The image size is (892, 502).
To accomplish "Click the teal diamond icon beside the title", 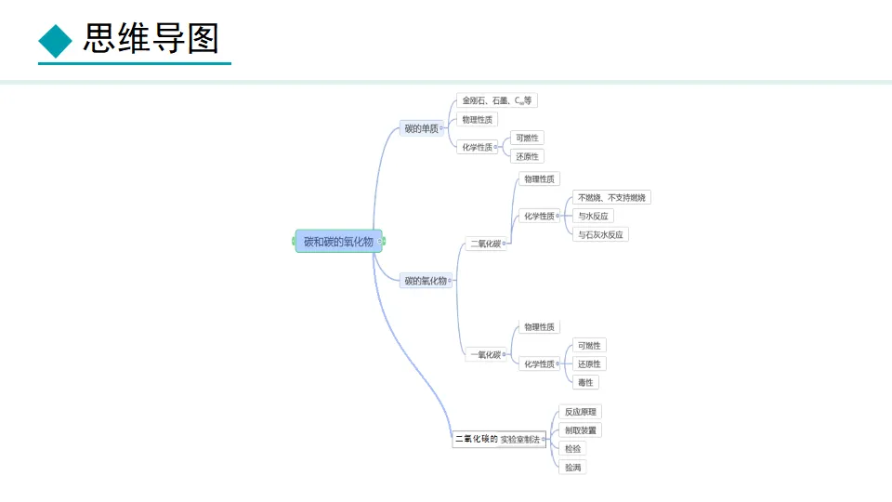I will tap(56, 40).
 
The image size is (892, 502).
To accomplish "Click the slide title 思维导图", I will tap(151, 39).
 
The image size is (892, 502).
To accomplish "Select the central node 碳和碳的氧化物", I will tap(338, 242).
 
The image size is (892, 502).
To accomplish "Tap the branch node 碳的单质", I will tap(421, 128).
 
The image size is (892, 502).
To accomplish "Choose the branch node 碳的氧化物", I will tap(426, 280).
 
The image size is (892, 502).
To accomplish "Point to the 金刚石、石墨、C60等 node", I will tap(497, 100).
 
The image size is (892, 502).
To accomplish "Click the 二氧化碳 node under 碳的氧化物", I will tap(485, 244).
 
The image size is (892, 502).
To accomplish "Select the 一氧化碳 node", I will tap(485, 354).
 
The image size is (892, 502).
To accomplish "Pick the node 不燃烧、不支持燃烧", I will tap(612, 197).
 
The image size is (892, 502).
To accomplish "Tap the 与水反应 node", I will tap(593, 216).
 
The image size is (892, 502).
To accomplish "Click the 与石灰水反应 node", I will tap(600, 234).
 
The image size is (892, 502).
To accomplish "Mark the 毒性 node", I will tap(585, 382).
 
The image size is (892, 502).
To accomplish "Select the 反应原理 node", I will tap(583, 412).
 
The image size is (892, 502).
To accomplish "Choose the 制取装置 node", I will tap(582, 430).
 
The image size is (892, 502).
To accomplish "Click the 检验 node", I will tap(572, 449).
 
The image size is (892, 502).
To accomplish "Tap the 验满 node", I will tap(572, 468).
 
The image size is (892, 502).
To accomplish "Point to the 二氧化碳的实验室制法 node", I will tap(499, 439).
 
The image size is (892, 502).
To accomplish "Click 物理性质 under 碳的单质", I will tap(478, 119).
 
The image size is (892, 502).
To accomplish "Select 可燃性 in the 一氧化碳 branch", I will tap(589, 346).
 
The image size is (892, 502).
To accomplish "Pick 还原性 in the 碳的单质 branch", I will tap(527, 156).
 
